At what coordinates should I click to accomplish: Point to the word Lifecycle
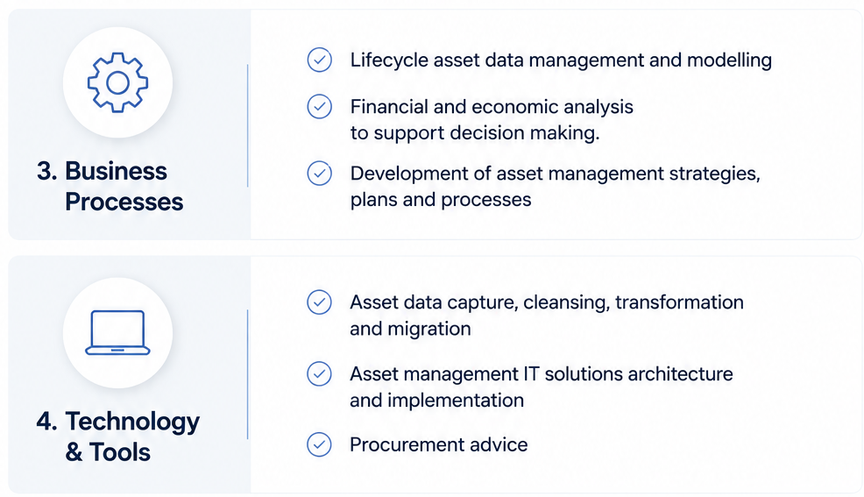389,60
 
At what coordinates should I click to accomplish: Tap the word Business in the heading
116,171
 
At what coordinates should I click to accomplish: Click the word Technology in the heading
132,422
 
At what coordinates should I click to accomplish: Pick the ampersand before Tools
74,452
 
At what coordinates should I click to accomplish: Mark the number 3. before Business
46,171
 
